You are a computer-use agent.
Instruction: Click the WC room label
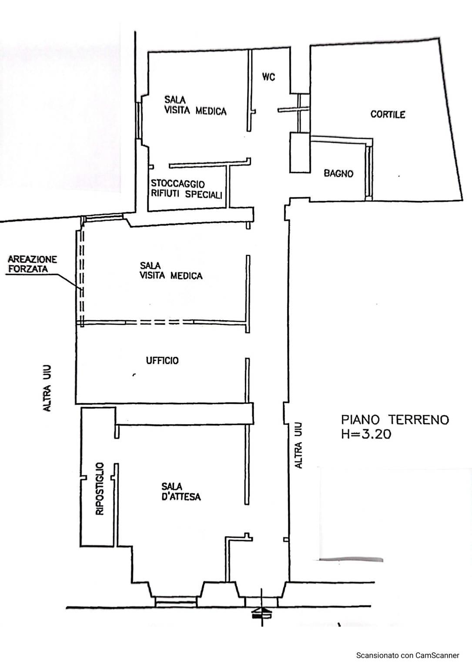tap(268, 77)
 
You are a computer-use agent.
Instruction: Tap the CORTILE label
tap(388, 114)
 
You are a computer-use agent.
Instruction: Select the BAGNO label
tap(338, 173)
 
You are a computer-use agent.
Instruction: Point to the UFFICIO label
tap(162, 360)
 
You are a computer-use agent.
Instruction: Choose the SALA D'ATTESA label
tap(181, 491)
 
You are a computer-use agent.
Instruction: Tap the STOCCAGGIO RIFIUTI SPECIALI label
tap(187, 189)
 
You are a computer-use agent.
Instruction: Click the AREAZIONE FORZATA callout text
tap(33, 264)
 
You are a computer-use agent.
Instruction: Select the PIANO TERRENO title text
tap(395, 420)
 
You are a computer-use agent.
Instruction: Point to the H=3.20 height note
tap(366, 434)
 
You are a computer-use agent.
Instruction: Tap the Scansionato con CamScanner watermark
tap(408, 655)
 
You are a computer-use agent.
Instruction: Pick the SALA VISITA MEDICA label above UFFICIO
tap(171, 271)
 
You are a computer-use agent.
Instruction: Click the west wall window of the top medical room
tap(138, 121)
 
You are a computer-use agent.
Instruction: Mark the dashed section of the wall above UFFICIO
tap(159, 322)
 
